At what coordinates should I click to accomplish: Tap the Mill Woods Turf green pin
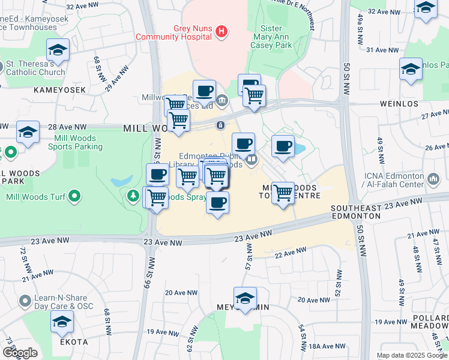[73, 196]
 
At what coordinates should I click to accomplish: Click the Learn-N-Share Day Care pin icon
[25, 300]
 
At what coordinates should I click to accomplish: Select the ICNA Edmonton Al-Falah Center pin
[434, 179]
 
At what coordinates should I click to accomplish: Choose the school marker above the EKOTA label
[62, 322]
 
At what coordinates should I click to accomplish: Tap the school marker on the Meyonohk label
[245, 298]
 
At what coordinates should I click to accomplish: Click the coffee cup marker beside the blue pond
[282, 146]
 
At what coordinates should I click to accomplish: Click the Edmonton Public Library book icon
[253, 160]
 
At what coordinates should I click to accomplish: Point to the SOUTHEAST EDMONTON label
[356, 211]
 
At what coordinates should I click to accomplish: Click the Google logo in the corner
[20, 353]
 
